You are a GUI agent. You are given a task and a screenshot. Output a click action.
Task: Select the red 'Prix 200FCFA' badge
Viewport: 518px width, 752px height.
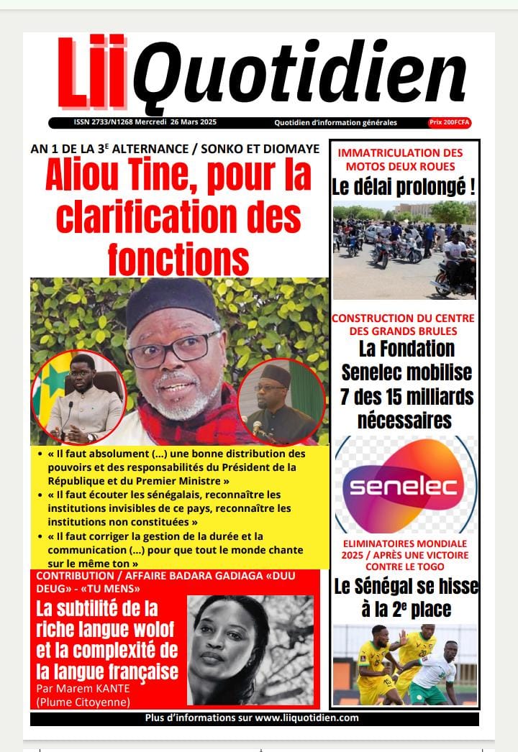pyautogui.click(x=450, y=123)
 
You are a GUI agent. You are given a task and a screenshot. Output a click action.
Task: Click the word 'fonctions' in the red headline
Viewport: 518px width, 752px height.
pyautogui.click(x=178, y=257)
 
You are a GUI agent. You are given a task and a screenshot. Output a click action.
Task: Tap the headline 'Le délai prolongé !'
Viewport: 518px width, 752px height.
pyautogui.click(x=404, y=188)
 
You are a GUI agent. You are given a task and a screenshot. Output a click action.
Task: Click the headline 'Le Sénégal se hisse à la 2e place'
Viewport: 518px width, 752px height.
pyautogui.click(x=405, y=597)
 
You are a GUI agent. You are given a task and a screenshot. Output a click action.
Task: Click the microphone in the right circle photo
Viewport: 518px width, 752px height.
pyautogui.click(x=257, y=426)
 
